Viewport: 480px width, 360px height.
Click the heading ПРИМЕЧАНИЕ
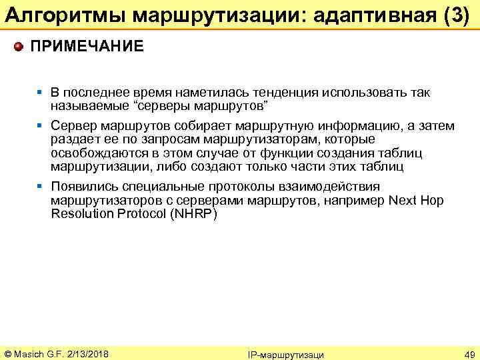point(87,47)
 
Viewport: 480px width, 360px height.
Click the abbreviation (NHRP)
point(193,214)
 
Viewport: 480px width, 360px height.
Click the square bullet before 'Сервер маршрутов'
point(41,126)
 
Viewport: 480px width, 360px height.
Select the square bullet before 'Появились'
point(41,187)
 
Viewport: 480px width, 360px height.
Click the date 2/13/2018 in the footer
point(87,352)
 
